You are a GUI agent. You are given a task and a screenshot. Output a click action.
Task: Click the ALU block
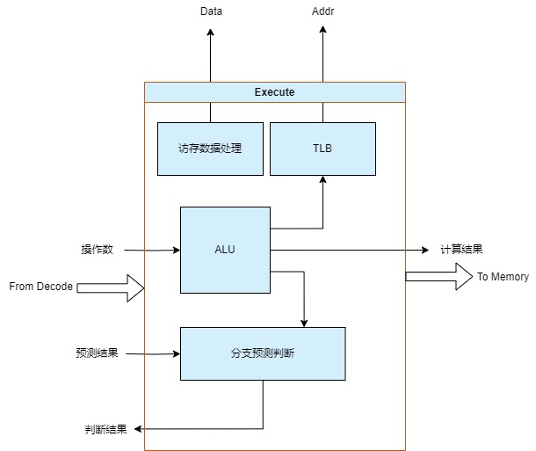click(x=225, y=250)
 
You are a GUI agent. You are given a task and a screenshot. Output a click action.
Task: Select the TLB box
click(x=322, y=149)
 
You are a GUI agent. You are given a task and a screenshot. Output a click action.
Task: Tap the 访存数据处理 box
click(x=209, y=149)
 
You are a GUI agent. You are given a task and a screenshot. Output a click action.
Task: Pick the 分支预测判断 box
click(x=263, y=353)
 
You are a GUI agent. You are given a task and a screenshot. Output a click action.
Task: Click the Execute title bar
click(x=274, y=91)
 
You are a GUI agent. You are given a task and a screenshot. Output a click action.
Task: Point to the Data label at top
click(x=211, y=11)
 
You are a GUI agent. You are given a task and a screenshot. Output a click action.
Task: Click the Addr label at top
click(x=323, y=11)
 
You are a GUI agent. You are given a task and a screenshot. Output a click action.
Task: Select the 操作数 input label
click(x=96, y=250)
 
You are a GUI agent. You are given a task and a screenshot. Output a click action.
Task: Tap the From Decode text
click(x=41, y=287)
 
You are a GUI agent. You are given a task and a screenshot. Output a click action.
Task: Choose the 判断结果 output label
click(x=105, y=429)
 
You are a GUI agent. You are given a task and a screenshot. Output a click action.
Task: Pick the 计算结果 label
click(x=461, y=250)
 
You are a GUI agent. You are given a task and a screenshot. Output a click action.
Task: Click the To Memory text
click(x=503, y=277)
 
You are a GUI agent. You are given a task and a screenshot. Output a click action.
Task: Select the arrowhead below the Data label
click(x=211, y=32)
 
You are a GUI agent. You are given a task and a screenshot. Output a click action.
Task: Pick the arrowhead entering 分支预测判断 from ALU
click(x=304, y=322)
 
